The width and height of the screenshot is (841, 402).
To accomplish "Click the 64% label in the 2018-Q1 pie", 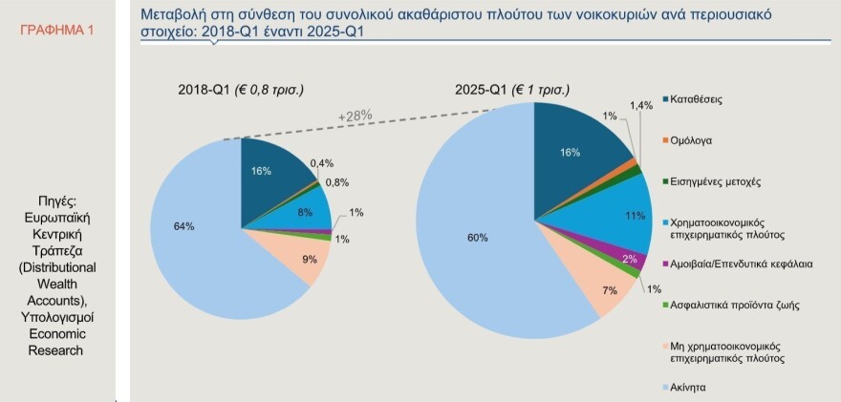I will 184,226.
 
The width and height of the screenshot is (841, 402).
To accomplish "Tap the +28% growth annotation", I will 354,116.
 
